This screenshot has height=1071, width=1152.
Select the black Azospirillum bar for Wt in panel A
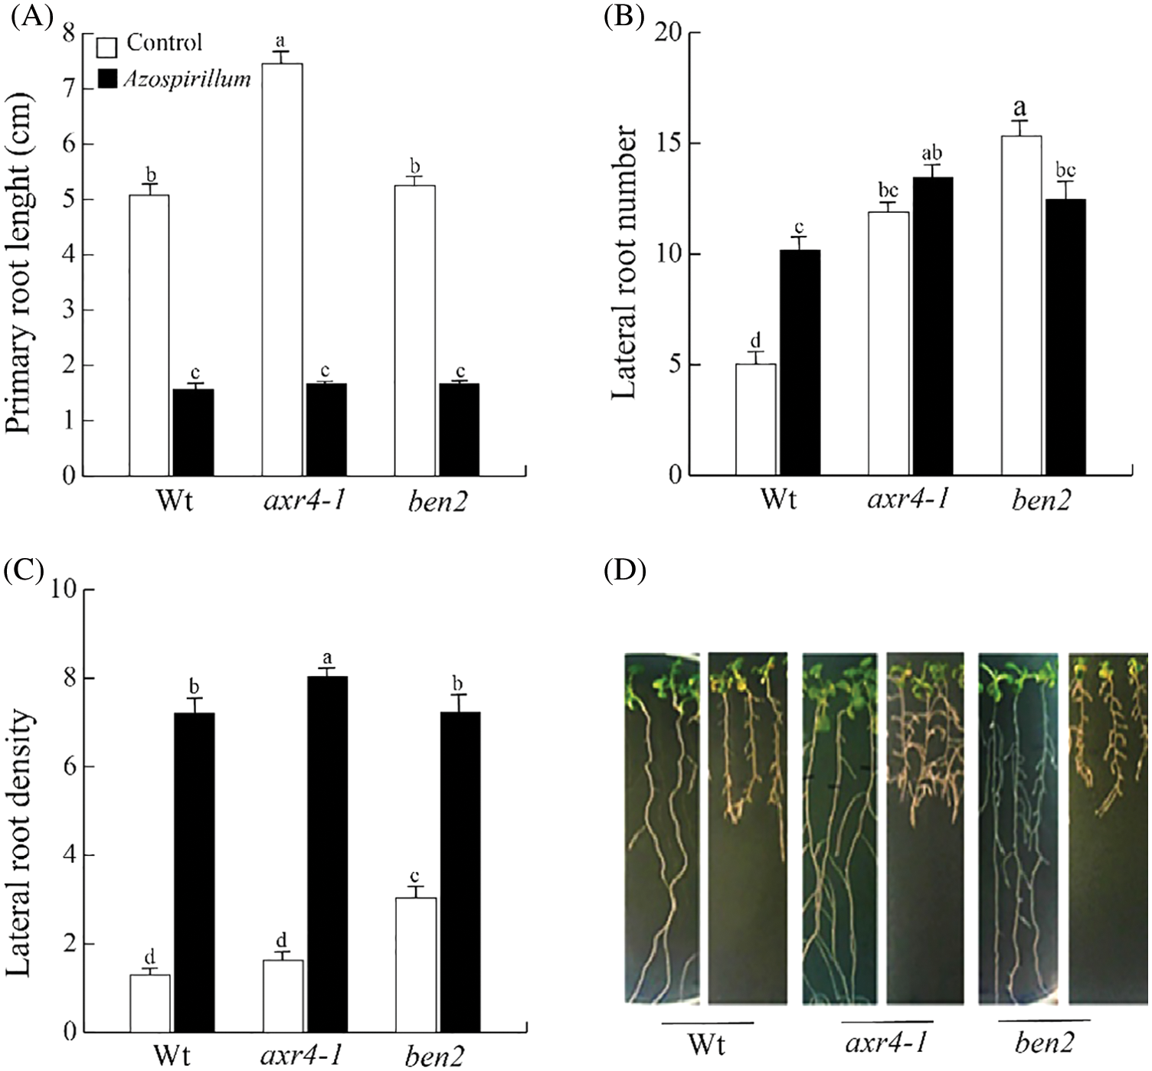click(x=193, y=433)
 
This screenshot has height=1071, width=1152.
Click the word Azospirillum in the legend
click(x=188, y=79)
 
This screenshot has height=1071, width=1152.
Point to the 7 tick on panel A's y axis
click(x=70, y=90)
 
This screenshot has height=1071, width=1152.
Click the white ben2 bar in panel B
click(x=1021, y=305)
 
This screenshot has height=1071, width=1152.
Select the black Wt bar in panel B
click(x=799, y=363)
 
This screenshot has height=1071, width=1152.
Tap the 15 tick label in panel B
click(x=669, y=144)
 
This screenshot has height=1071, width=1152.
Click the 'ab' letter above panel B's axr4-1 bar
click(x=931, y=153)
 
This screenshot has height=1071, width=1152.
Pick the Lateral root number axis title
click(x=625, y=262)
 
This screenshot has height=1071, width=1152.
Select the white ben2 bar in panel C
click(x=416, y=965)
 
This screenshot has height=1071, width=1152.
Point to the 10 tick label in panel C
click(x=64, y=589)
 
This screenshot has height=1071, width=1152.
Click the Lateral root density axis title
click(x=18, y=842)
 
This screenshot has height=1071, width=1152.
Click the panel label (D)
click(x=625, y=570)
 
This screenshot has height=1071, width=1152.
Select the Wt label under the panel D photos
click(x=706, y=1043)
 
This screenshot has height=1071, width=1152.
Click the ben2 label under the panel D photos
click(x=1044, y=1043)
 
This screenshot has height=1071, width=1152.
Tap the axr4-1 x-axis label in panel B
click(x=908, y=500)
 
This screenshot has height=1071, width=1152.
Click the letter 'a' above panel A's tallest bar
click(x=281, y=41)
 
